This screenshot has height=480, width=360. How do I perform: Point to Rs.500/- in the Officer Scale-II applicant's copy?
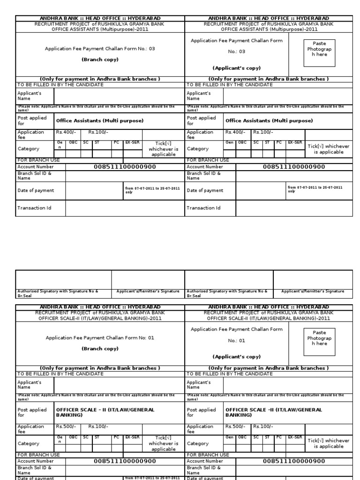[x=235, y=427]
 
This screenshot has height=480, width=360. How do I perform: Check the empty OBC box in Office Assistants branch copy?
[x=73, y=153]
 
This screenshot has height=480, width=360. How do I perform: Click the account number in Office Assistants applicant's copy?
[x=293, y=167]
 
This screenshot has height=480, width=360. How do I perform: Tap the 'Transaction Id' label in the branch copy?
[x=34, y=208]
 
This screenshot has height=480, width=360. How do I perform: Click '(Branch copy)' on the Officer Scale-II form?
[x=100, y=349]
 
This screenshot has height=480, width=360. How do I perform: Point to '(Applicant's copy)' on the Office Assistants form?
[x=236, y=68]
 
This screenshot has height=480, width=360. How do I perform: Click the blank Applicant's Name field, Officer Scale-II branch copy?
[x=119, y=385]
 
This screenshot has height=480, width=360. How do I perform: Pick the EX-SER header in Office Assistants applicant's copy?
[x=295, y=142]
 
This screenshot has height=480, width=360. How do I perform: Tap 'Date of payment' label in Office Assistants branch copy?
[x=36, y=191]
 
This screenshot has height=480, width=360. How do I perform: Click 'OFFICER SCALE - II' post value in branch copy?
[x=105, y=412]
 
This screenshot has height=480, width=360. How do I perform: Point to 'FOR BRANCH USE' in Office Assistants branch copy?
[x=38, y=160]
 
